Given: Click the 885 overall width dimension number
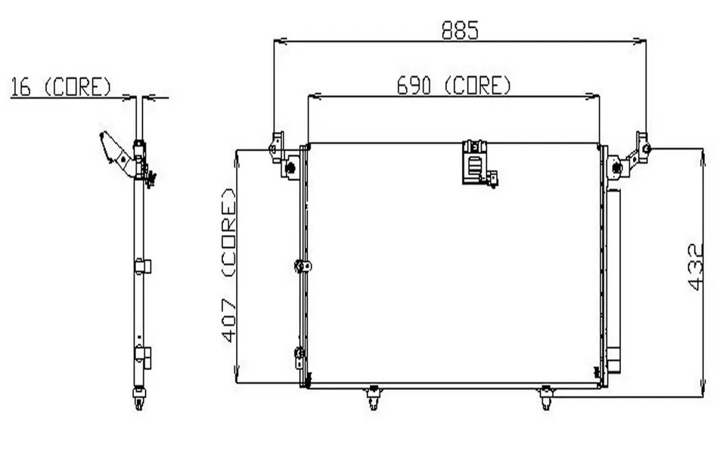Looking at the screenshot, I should coord(460,29).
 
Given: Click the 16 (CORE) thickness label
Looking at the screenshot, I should coord(60,88).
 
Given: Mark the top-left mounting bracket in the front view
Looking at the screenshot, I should coord(283,156).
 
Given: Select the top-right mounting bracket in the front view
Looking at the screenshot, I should coord(631,156).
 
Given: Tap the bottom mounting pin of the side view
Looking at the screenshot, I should coord(140,398).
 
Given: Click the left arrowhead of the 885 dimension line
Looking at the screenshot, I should coord(278,40).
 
